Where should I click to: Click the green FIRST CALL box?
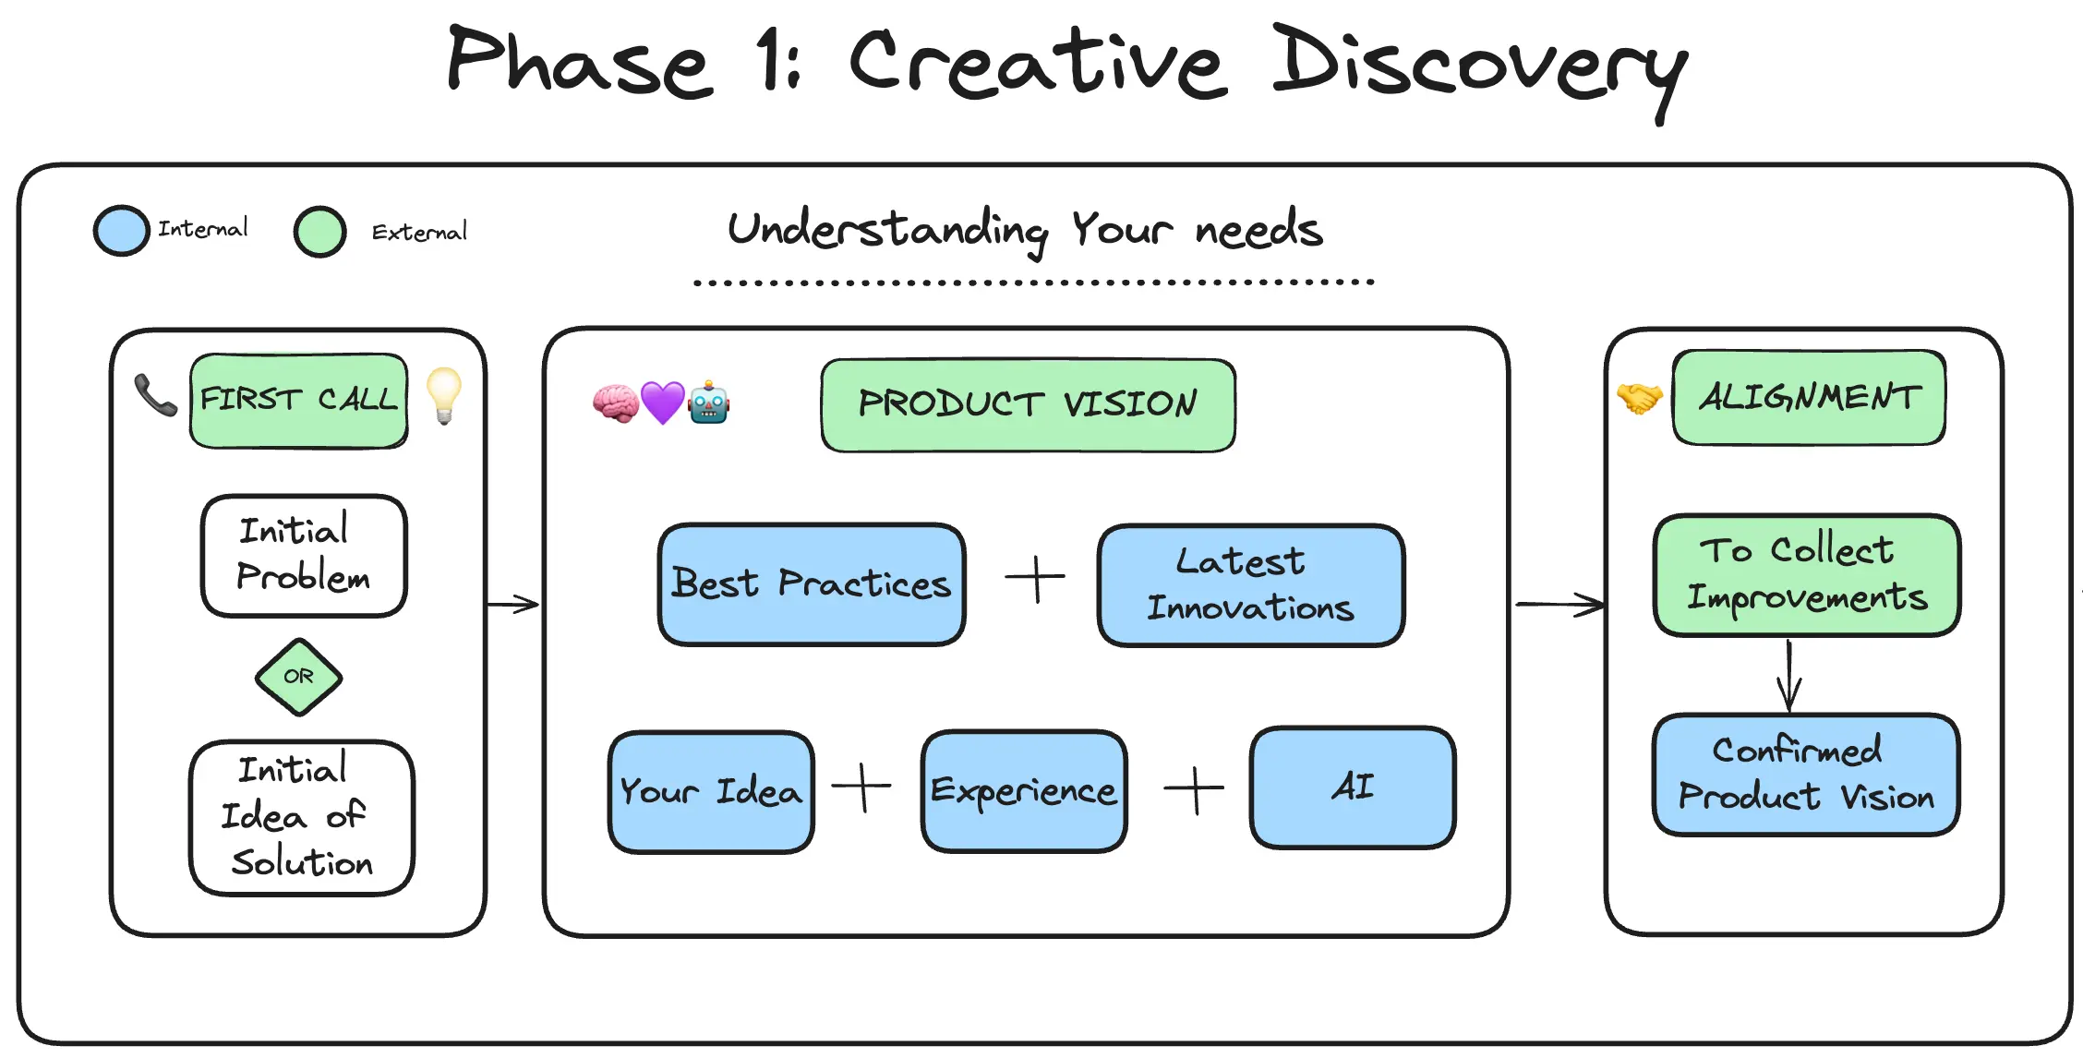pyautogui.click(x=299, y=401)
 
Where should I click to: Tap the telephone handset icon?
pyautogui.click(x=155, y=395)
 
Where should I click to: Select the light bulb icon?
pyautogui.click(x=444, y=395)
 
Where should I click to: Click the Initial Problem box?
pyautogui.click(x=304, y=556)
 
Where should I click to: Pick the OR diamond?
pyautogui.click(x=298, y=677)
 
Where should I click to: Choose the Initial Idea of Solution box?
pyautogui.click(x=302, y=818)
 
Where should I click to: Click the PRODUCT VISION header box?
pyautogui.click(x=1028, y=405)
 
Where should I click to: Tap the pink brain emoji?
pyautogui.click(x=616, y=403)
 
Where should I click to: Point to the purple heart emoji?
pyautogui.click(x=663, y=403)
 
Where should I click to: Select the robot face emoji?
pyautogui.click(x=709, y=402)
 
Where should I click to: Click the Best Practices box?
pyautogui.click(x=812, y=584)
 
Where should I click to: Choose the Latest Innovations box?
pyautogui.click(x=1251, y=585)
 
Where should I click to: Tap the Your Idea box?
pyautogui.click(x=711, y=792)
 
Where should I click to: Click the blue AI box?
pyautogui.click(x=1353, y=787)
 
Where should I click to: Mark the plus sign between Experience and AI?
pyautogui.click(x=1194, y=790)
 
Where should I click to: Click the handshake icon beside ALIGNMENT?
pyautogui.click(x=1640, y=398)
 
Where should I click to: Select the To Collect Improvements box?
pyautogui.click(x=1807, y=575)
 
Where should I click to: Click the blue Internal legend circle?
pyautogui.click(x=122, y=230)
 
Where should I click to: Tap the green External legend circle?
pyautogui.click(x=320, y=231)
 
